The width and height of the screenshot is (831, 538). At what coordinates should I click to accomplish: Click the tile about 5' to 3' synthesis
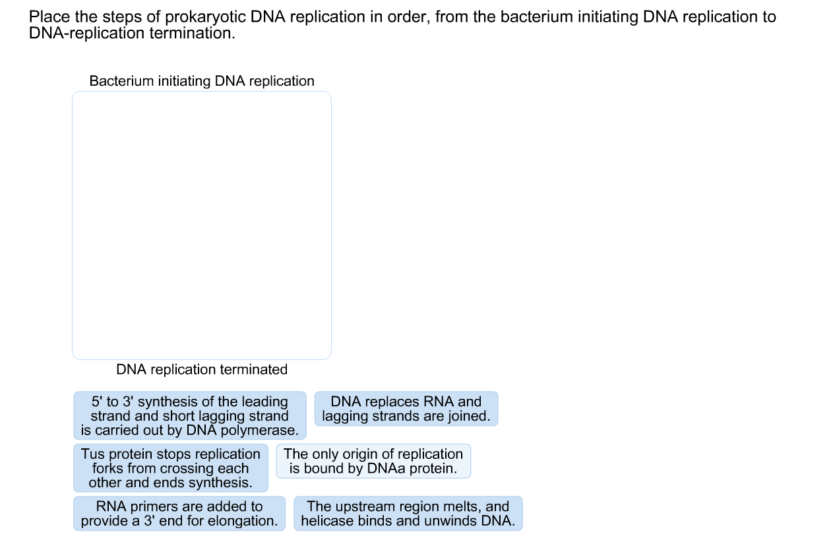[x=190, y=415]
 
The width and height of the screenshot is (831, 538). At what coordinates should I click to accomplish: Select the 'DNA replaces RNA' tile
[x=406, y=409]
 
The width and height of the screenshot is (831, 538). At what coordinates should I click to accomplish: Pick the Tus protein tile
[x=171, y=468]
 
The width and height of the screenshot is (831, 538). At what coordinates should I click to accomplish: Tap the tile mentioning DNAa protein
[x=373, y=461]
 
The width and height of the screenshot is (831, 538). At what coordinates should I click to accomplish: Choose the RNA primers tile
[x=179, y=514]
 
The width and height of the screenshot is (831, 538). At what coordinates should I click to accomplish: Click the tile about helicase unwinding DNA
[x=408, y=514]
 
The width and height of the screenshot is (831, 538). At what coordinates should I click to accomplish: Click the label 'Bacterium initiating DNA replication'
[x=202, y=81]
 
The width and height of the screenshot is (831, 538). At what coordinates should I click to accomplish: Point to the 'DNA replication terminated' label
[x=202, y=369]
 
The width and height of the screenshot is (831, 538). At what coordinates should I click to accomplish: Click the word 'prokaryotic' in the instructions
[x=206, y=17]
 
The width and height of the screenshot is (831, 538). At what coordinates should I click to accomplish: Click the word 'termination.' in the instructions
[x=193, y=34]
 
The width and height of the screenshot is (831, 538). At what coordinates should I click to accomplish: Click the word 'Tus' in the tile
[x=92, y=454]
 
